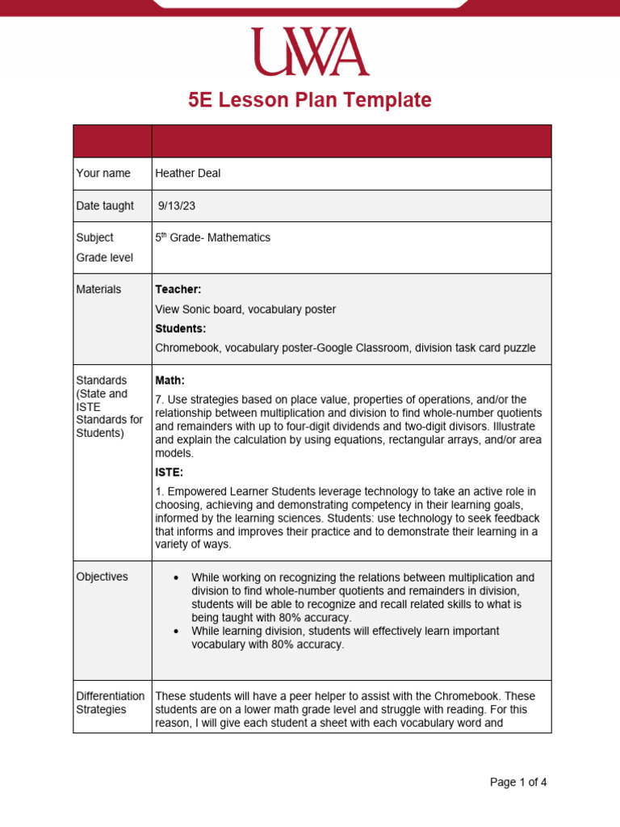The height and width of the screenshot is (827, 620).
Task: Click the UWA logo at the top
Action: coord(310,52)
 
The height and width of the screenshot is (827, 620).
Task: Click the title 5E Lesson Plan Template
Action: coord(310,100)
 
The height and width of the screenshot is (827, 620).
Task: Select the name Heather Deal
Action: coord(187,173)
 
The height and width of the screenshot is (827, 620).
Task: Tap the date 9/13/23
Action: coord(177,206)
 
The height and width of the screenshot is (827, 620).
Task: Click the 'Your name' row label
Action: coord(103,173)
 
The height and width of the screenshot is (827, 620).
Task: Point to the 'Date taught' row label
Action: coord(105,206)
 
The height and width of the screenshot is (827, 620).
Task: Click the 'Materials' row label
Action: coord(98,289)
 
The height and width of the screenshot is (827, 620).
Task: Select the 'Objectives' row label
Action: coord(102,577)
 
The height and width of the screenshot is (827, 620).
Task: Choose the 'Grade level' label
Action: coord(104,258)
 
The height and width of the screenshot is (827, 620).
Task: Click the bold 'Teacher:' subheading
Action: coord(178,289)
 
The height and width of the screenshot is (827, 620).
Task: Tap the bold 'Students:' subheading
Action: coord(180,329)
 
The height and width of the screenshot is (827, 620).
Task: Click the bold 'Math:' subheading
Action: coord(170,380)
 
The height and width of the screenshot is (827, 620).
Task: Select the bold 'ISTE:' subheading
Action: coord(169,472)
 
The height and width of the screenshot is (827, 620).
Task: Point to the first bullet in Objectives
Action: coord(175,577)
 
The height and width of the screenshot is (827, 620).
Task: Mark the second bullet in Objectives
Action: coord(175,631)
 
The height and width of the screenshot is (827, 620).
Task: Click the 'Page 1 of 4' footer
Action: coord(518,782)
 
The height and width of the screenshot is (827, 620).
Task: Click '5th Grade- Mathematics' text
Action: coord(212,238)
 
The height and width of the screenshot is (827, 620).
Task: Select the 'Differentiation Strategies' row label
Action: coord(110,703)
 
